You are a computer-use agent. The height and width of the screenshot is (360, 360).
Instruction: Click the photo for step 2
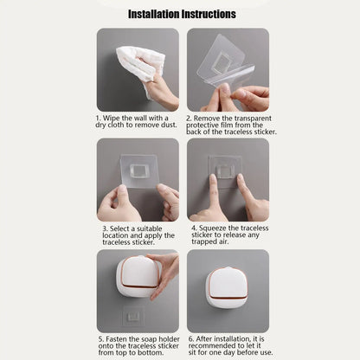click(x=228, y=69)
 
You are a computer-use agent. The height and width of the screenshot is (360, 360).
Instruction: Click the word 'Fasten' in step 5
click(x=119, y=338)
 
